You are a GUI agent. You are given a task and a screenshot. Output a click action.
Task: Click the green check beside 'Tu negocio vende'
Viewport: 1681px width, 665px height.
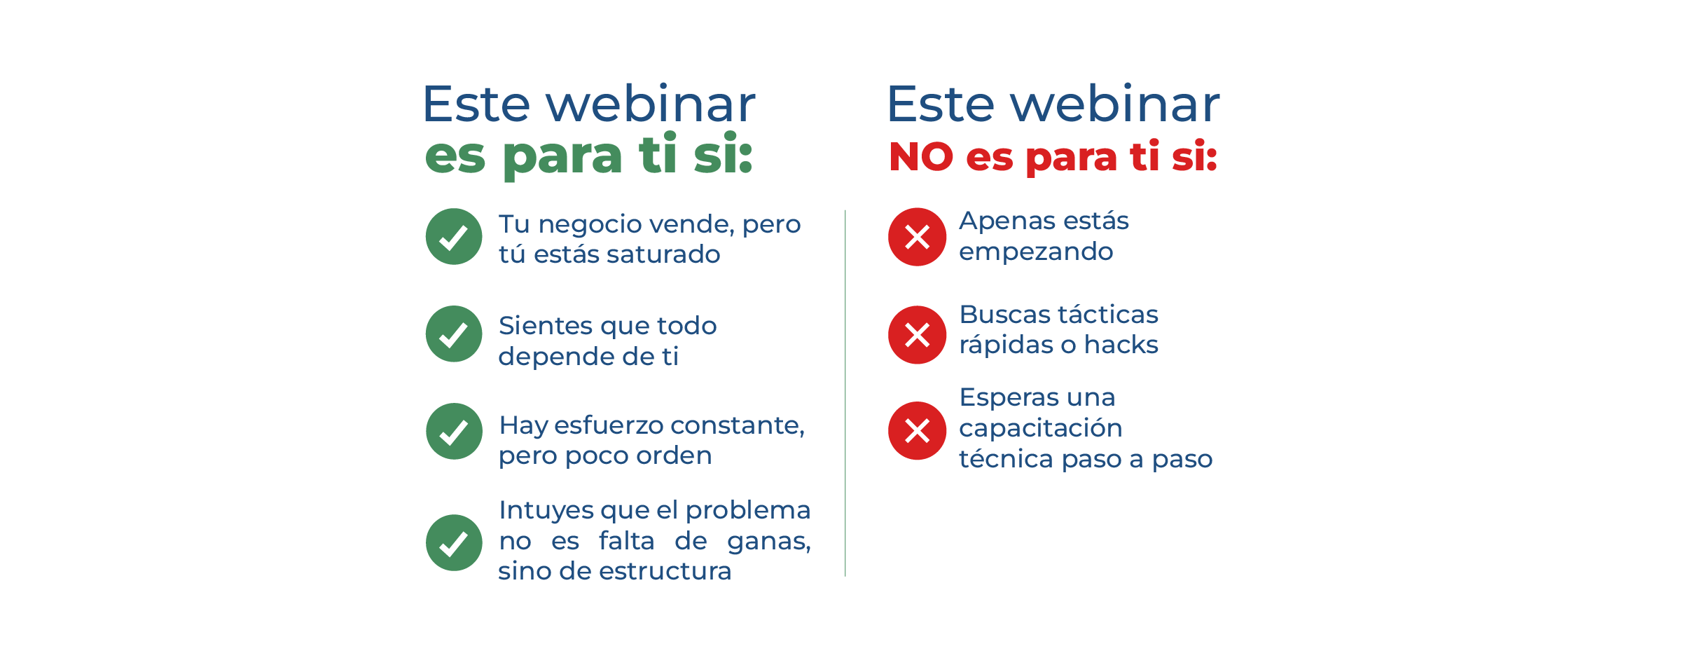pos(454,236)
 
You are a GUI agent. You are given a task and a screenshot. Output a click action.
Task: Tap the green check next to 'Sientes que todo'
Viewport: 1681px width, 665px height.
pos(454,334)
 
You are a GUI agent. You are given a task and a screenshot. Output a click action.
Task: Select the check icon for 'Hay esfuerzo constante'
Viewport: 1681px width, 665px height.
pos(454,431)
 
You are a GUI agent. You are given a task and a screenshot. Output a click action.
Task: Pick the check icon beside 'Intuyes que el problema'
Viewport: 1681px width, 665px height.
pos(454,542)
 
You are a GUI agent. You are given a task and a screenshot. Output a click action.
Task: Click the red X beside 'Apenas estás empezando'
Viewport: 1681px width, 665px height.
pos(917,237)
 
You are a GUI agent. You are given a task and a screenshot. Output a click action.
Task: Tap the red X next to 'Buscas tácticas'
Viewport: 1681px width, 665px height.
pos(917,334)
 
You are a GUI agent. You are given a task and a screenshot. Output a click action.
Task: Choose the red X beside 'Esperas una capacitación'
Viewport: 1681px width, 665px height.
pos(917,430)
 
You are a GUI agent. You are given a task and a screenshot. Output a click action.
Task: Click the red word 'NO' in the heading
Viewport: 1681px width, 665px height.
pos(921,157)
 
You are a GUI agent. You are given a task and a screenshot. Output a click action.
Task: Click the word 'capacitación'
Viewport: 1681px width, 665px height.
pos(1041,428)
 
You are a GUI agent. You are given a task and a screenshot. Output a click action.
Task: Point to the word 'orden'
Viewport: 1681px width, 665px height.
pos(674,455)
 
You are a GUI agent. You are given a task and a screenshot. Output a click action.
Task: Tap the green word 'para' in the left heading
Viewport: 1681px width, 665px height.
pos(562,158)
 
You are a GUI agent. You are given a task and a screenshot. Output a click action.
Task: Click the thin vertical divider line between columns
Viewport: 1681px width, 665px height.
pos(845,393)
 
